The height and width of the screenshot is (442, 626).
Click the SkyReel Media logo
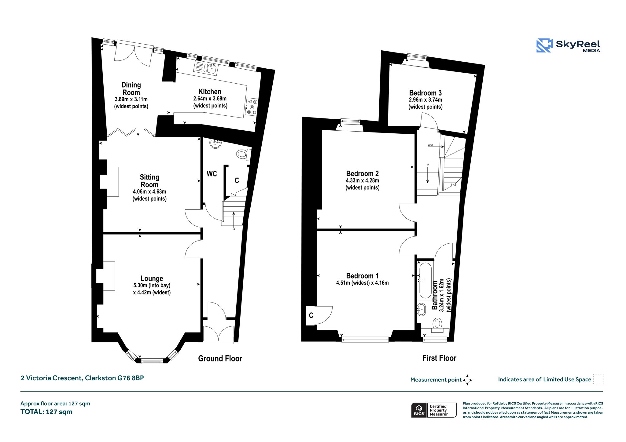click(x=568, y=45)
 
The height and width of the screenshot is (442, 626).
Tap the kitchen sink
click(x=206, y=67)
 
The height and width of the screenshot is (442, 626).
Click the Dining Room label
click(x=131, y=89)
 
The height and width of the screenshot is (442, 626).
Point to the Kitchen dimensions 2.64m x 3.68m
click(x=210, y=99)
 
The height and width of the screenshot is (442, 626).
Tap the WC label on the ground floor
click(x=212, y=174)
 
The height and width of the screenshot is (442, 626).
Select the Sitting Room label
click(x=149, y=181)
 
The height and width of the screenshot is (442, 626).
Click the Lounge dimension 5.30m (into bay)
click(x=152, y=285)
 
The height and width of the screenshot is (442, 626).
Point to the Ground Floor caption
click(x=220, y=358)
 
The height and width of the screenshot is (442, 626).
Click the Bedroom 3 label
click(x=425, y=93)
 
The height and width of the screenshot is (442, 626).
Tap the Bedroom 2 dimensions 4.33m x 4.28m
click(x=363, y=180)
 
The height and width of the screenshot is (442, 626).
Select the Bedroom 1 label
click(x=362, y=276)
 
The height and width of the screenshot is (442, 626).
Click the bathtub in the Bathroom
click(x=425, y=281)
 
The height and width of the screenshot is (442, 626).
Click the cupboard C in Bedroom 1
click(x=311, y=315)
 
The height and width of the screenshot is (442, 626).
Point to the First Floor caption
click(x=439, y=358)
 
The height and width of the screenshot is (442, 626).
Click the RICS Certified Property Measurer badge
click(x=434, y=410)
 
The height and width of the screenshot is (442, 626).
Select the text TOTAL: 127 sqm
click(x=46, y=412)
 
